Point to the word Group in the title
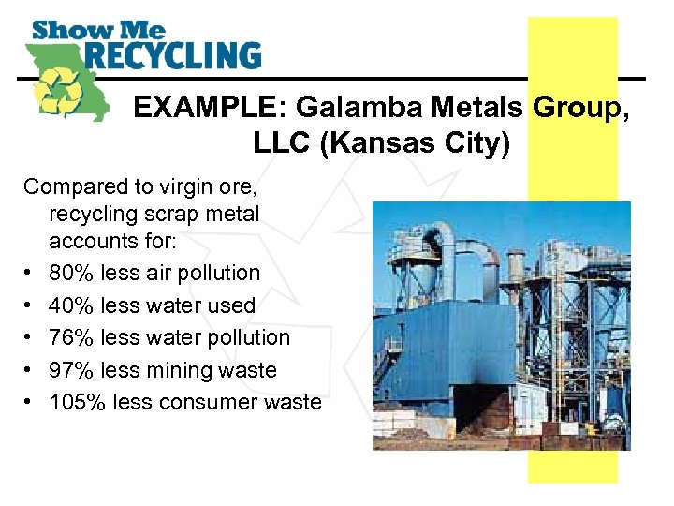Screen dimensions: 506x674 click(575, 109)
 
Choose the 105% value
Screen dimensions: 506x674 click(78, 403)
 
